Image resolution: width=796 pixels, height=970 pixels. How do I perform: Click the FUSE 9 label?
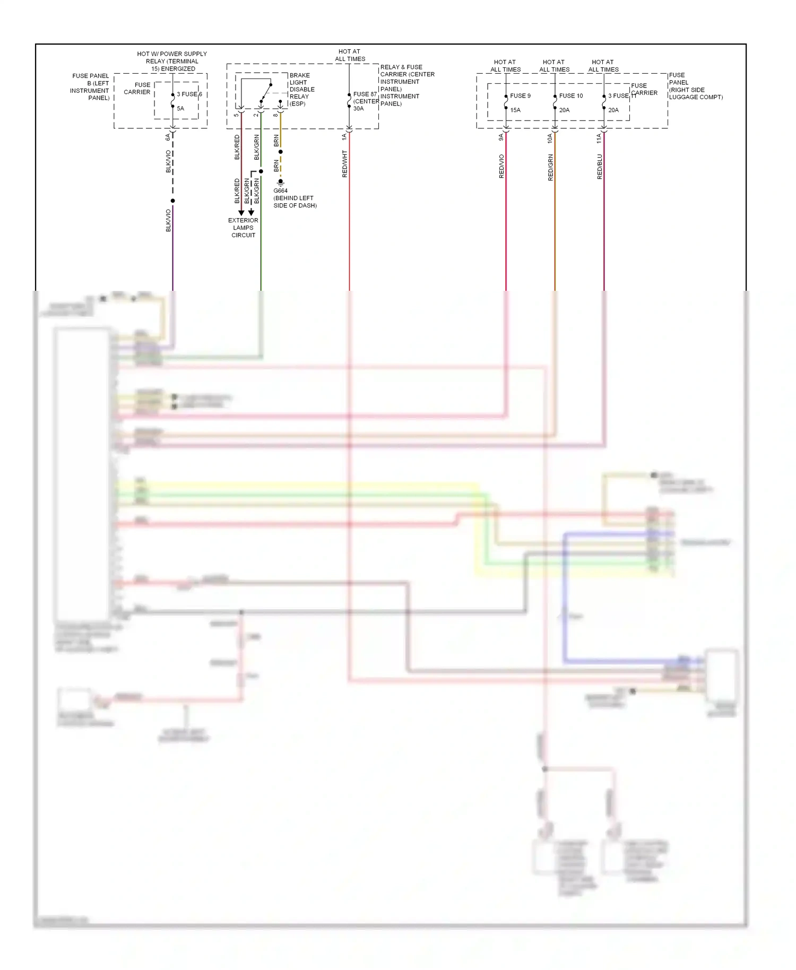(520, 96)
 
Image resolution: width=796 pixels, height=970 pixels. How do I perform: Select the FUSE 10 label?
(570, 96)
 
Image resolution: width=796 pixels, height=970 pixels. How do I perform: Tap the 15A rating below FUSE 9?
(515, 110)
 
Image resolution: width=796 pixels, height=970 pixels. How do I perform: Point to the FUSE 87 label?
(365, 94)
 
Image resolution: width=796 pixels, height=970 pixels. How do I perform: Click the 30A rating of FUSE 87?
(359, 109)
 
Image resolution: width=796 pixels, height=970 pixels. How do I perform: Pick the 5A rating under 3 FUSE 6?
(180, 109)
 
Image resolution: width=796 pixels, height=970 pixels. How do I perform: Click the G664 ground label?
(281, 191)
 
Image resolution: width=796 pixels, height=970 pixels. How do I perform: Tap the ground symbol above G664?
(281, 183)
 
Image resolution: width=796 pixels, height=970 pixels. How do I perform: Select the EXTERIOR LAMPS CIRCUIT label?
(243, 228)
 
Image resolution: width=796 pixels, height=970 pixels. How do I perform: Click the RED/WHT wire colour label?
(344, 163)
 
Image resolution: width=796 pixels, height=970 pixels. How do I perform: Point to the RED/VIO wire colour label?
(501, 166)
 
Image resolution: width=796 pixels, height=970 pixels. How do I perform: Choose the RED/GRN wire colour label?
(550, 168)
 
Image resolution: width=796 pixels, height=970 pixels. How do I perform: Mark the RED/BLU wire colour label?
(600, 167)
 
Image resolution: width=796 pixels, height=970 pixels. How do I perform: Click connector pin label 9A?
(501, 137)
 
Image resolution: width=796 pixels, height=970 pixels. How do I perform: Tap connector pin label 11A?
(599, 138)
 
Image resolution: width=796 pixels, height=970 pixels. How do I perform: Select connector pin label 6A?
(168, 137)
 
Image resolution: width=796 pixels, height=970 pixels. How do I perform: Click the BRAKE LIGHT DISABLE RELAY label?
(301, 89)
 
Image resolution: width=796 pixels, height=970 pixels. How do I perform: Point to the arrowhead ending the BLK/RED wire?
(241, 213)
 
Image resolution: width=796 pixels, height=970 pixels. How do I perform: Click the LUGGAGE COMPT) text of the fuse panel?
(696, 97)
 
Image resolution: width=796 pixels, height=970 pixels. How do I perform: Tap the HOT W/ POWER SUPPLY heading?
(172, 54)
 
